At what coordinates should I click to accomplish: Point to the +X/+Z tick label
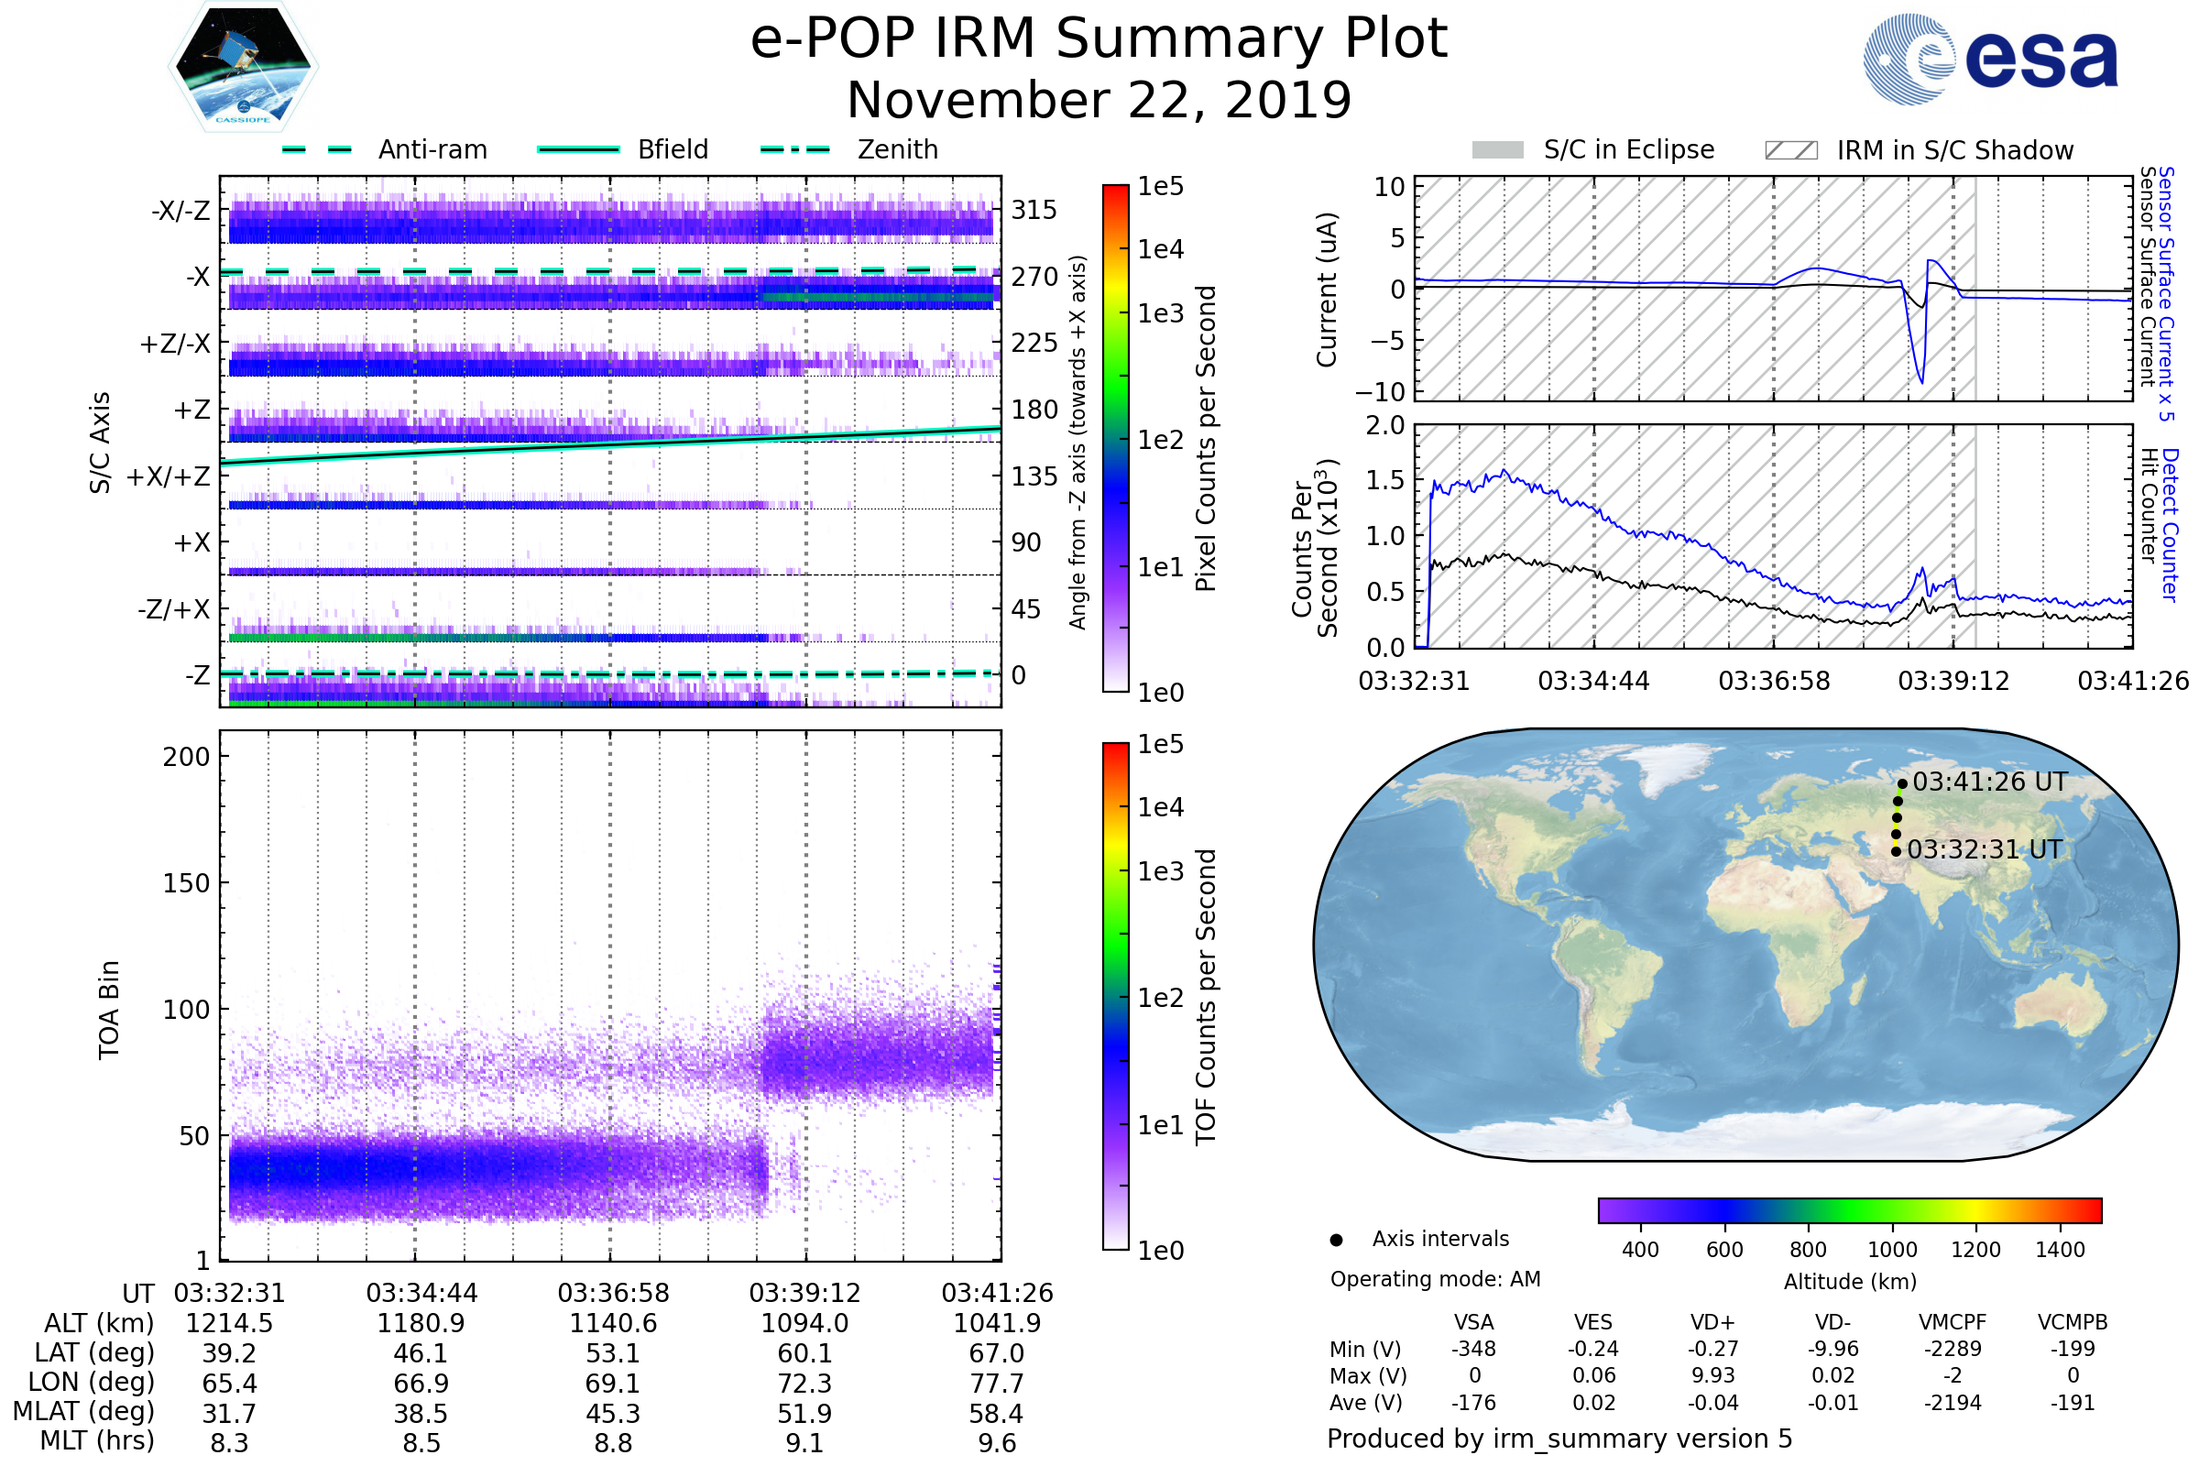click(169, 476)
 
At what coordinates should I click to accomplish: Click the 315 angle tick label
click(1034, 210)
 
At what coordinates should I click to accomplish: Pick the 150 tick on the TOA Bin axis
click(186, 883)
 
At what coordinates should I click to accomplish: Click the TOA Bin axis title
click(109, 1010)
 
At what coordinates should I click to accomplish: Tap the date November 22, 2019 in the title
click(1099, 101)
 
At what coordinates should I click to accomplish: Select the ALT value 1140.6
click(613, 1323)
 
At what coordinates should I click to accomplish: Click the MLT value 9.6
click(997, 1442)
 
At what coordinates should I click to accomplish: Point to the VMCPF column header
click(1953, 1322)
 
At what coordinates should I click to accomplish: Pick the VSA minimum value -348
click(1473, 1349)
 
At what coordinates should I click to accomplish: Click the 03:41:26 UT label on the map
click(1989, 782)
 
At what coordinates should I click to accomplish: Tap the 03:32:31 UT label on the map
click(1984, 849)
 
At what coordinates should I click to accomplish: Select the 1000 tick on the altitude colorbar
click(1892, 1250)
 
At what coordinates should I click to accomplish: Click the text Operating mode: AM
click(1435, 1279)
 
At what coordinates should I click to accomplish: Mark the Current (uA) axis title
click(1327, 290)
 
